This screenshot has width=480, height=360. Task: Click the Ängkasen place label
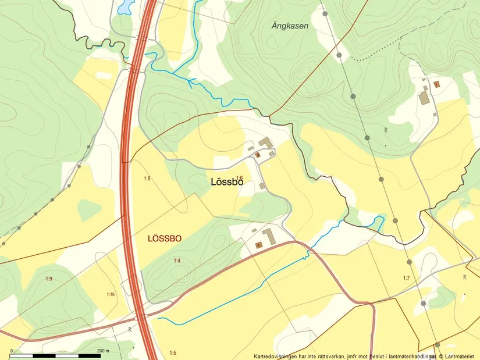(x=290, y=26)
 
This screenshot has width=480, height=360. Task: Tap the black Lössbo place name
(x=226, y=182)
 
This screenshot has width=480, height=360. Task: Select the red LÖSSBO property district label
(x=165, y=238)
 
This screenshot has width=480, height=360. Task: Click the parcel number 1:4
(x=177, y=261)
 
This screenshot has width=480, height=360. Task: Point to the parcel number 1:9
(x=49, y=279)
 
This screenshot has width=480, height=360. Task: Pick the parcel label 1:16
(x=111, y=294)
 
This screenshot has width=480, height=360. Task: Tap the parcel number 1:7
(x=406, y=278)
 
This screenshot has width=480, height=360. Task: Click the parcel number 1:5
(x=172, y=353)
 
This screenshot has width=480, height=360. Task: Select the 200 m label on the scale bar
(x=102, y=351)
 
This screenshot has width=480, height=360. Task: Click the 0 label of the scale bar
(x=11, y=351)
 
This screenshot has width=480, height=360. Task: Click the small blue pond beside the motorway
(x=125, y=7)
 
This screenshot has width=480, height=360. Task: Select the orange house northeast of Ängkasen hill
(x=436, y=84)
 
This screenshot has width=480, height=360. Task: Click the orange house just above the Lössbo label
(x=258, y=155)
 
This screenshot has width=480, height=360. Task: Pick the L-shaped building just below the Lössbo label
(x=269, y=237)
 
